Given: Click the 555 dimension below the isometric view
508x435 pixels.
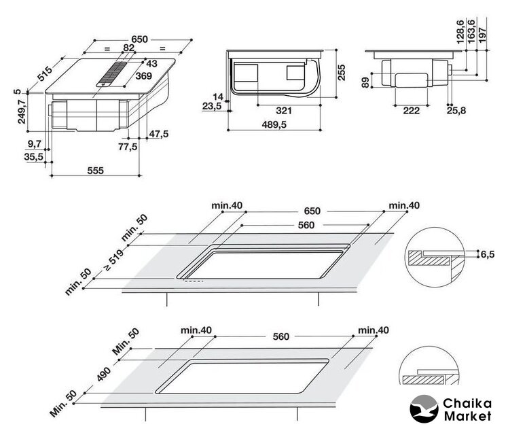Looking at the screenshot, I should (95, 171).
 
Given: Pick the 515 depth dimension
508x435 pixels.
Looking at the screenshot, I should (46, 71).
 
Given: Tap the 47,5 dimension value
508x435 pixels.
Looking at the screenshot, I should (158, 134).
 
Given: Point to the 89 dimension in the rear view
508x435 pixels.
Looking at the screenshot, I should (365, 82).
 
